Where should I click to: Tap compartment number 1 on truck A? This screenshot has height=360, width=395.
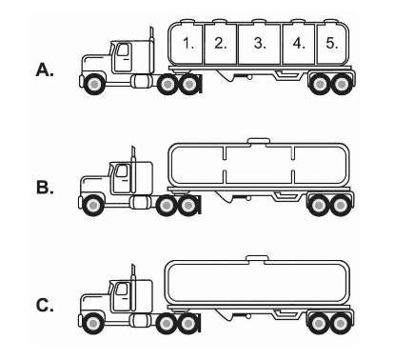tap(188, 44)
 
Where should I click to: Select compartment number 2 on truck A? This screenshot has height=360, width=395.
tap(220, 44)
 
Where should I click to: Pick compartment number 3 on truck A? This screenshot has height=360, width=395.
tap(259, 44)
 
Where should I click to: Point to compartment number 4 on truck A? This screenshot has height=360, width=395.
tap(299, 44)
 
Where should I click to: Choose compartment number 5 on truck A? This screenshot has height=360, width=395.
tap(330, 44)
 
